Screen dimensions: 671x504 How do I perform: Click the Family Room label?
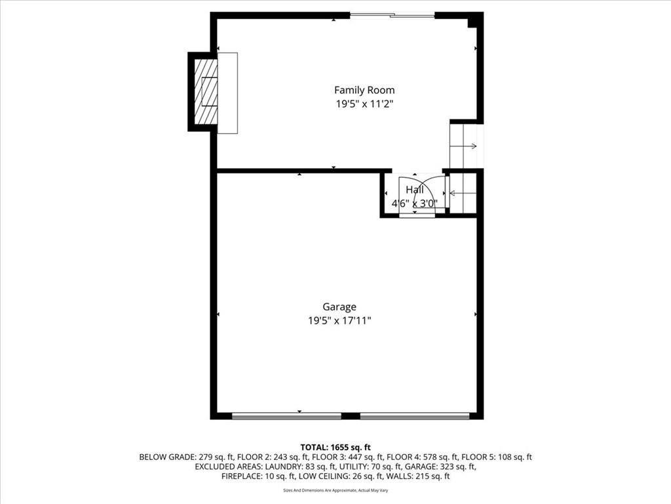(x=364, y=90)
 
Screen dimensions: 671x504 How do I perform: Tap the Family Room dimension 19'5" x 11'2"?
(x=364, y=104)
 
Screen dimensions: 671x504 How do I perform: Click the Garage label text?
(x=339, y=307)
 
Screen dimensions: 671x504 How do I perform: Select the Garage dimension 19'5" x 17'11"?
(x=339, y=320)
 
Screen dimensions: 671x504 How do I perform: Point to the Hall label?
(x=415, y=190)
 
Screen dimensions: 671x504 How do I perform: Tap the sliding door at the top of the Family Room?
(x=393, y=16)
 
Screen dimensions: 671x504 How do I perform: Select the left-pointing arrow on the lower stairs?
(x=463, y=194)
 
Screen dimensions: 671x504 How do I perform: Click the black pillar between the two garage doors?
(x=351, y=415)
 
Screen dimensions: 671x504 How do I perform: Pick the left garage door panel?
(x=287, y=415)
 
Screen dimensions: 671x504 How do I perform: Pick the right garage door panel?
(x=415, y=415)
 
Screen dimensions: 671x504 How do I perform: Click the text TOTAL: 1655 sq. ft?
(x=335, y=448)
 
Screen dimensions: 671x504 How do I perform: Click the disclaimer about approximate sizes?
(x=335, y=490)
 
